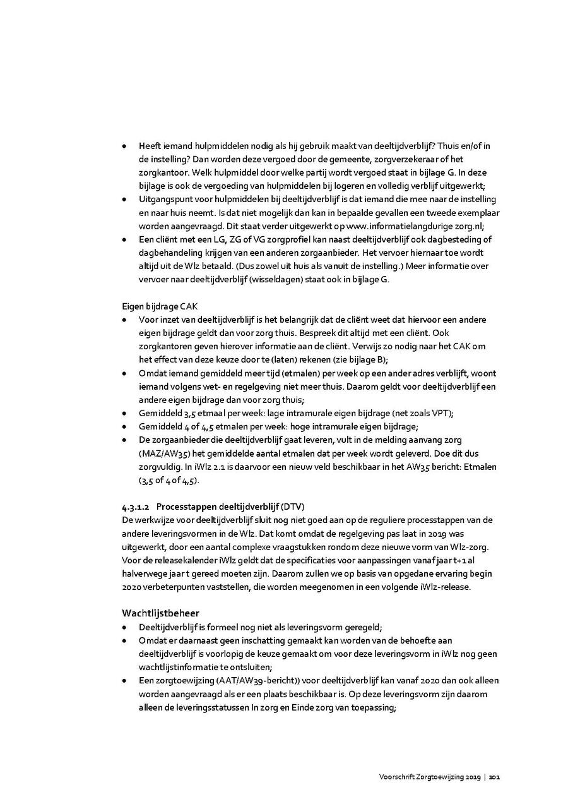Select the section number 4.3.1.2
136,507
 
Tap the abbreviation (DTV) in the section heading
293,507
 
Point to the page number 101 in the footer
495,776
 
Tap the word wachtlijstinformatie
179,667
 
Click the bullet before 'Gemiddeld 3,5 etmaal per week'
124,413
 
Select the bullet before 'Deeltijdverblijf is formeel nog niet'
124,627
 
